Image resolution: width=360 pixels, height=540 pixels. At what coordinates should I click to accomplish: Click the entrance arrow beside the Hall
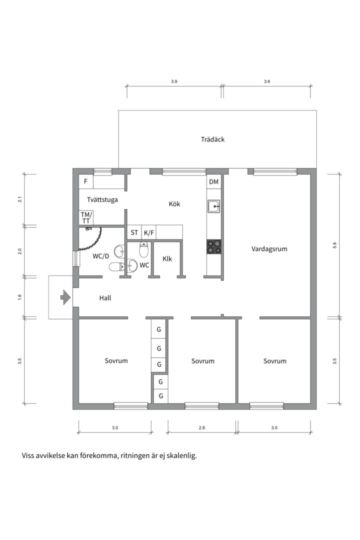(65, 297)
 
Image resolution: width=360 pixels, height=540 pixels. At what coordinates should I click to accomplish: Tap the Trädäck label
(212, 139)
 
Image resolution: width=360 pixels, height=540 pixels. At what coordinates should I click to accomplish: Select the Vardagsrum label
(269, 249)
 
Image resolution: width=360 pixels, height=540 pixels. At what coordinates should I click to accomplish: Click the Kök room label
(174, 204)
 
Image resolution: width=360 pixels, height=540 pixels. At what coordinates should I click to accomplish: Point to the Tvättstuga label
(102, 199)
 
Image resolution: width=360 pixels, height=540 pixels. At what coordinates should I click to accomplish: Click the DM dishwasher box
(213, 182)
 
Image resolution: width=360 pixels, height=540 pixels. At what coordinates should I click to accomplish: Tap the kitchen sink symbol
(213, 206)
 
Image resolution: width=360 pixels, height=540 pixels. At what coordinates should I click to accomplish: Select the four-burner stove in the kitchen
(213, 246)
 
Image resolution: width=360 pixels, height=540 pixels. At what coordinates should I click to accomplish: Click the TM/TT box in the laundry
(86, 217)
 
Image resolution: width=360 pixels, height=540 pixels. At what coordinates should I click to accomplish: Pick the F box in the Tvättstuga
(86, 181)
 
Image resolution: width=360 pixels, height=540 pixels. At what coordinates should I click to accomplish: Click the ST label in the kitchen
(134, 233)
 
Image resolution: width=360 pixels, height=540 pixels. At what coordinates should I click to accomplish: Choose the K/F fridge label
(149, 233)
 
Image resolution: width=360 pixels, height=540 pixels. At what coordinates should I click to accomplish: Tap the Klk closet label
(167, 258)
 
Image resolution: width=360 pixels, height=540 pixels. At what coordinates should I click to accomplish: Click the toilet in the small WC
(143, 249)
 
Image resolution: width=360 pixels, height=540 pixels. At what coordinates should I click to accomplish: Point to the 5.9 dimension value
(334, 245)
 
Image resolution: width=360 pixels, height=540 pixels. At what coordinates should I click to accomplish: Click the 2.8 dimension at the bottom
(202, 427)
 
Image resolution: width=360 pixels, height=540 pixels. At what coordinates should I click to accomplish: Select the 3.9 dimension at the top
(174, 81)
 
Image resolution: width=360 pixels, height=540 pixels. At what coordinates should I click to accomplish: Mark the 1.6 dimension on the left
(19, 296)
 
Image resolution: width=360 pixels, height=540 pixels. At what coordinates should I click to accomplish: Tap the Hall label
(105, 298)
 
